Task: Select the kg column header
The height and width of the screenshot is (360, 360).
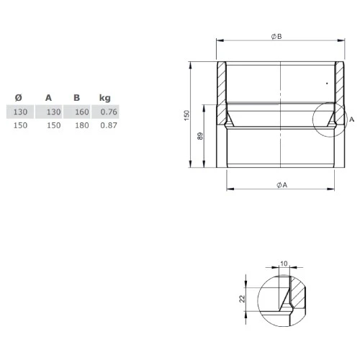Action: click(x=105, y=98)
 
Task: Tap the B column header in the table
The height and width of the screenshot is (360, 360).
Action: click(x=76, y=98)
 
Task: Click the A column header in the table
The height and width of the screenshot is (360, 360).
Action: click(x=49, y=98)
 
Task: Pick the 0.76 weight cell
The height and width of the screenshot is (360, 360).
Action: click(x=109, y=112)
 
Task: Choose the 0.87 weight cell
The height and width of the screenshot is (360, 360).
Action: click(x=109, y=125)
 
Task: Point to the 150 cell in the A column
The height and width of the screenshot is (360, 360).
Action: click(x=52, y=125)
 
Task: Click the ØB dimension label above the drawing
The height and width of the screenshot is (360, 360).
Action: click(x=276, y=37)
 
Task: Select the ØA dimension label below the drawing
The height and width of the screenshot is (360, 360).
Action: click(x=282, y=185)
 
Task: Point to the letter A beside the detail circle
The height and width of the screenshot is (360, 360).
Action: click(x=352, y=120)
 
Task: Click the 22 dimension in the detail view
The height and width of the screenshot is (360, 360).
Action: click(x=243, y=297)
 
